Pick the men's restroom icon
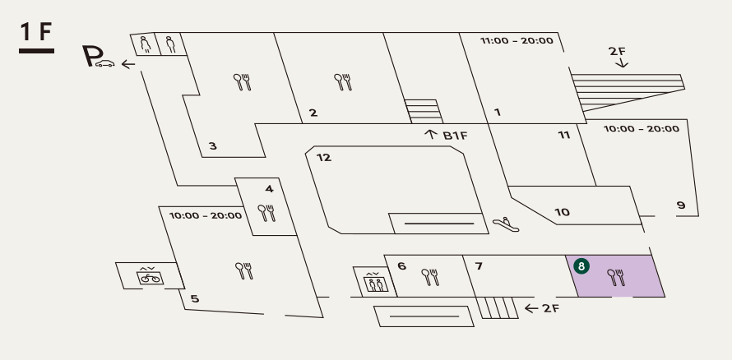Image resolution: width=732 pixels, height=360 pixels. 170,44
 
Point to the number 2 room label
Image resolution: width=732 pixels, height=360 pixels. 313,113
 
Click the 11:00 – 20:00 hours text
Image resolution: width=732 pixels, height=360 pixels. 517,40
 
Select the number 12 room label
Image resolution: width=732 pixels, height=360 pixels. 324,158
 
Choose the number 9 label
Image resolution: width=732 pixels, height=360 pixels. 681,204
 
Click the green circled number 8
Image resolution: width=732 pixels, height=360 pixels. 582,266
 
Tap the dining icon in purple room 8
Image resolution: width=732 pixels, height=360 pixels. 615,277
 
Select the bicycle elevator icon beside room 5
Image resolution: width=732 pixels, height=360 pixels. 150,275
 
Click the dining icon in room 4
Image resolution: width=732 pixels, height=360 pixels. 266,214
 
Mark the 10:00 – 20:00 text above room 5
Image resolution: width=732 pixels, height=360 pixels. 206,216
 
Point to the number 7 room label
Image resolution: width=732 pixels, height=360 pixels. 478,265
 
